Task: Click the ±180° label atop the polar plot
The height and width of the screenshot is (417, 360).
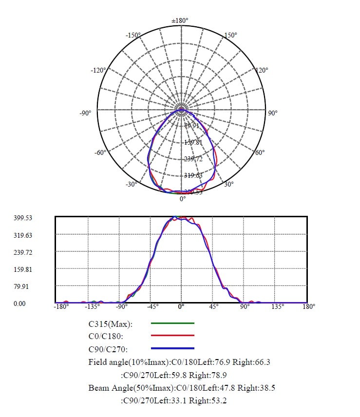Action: [180, 20]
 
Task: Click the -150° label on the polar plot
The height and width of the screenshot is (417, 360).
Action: [133, 35]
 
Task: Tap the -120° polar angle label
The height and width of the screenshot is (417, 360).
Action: [98, 70]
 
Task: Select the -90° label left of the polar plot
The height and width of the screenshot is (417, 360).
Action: [85, 113]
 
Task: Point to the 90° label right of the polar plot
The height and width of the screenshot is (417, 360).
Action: [273, 113]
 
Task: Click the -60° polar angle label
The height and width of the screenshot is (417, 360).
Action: [100, 152]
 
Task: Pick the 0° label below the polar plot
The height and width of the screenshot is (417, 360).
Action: [183, 199]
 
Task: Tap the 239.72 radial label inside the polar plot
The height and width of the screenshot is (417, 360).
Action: [193, 159]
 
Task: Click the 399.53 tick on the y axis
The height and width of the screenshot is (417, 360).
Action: [23, 218]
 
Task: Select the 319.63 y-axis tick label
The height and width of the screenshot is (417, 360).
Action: [23, 235]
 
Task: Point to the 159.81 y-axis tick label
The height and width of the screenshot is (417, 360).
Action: [23, 269]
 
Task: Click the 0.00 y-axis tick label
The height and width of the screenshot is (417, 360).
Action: [19, 303]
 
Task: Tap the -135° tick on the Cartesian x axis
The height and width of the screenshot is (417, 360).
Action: [93, 307]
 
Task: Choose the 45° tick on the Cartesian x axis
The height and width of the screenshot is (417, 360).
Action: [213, 307]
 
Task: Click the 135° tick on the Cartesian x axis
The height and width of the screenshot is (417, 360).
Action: [277, 307]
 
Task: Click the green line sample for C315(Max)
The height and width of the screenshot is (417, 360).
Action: [172, 323]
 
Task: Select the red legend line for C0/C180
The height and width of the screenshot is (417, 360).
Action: [172, 336]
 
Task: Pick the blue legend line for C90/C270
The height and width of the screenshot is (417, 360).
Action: [172, 348]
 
